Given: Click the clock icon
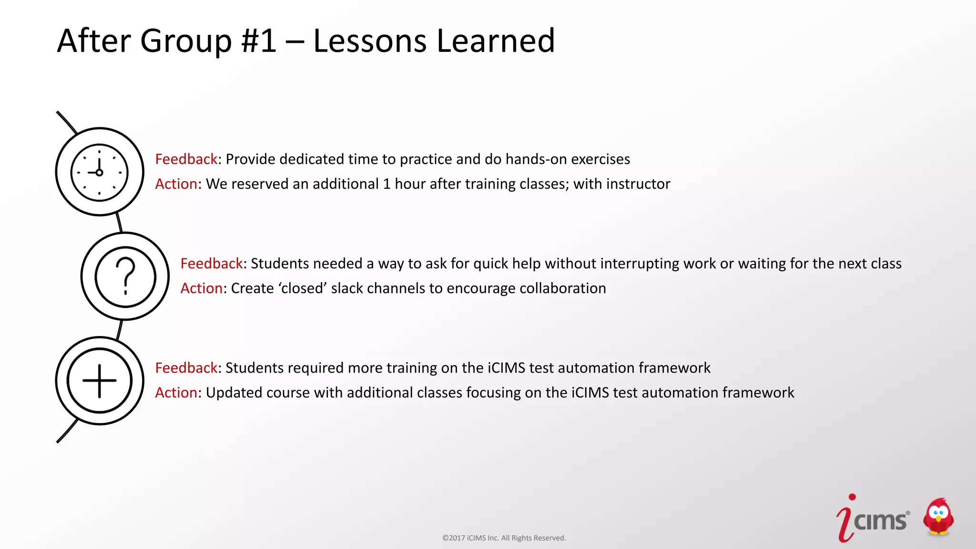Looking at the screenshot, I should pyautogui.click(x=99, y=172).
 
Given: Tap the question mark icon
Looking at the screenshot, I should pyautogui.click(x=125, y=276).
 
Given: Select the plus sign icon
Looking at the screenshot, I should pyautogui.click(x=99, y=381).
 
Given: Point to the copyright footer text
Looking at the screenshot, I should pyautogui.click(x=504, y=538).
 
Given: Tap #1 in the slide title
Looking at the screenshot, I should pyautogui.click(x=259, y=41).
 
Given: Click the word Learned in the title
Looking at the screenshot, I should pyautogui.click(x=496, y=41).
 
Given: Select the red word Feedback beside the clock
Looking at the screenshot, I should pyautogui.click(x=186, y=159).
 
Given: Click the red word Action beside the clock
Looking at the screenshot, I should pyautogui.click(x=176, y=184).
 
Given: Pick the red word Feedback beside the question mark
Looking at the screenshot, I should pyautogui.click(x=212, y=264).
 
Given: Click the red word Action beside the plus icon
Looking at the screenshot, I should pyautogui.click(x=176, y=393).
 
